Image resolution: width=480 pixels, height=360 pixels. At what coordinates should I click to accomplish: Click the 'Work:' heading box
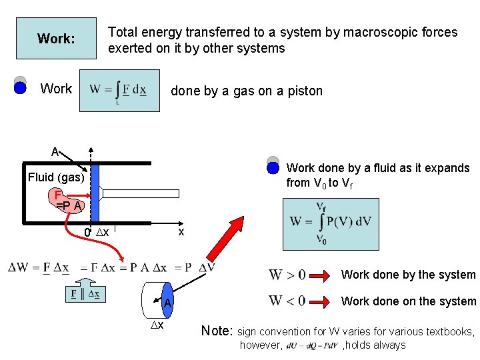[56, 39]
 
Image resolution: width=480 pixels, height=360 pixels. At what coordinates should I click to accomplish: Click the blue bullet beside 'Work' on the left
[20, 89]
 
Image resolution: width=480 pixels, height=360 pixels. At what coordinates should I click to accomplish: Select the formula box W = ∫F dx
[119, 91]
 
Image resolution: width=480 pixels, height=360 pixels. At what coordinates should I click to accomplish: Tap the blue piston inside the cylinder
[95, 193]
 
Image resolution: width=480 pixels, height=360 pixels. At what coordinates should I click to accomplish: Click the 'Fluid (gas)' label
[56, 177]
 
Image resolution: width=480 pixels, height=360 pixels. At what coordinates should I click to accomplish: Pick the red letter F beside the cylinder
[59, 195]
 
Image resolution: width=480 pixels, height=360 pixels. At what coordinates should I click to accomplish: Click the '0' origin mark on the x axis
[87, 233]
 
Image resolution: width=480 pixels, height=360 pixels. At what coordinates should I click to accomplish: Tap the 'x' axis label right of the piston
[181, 232]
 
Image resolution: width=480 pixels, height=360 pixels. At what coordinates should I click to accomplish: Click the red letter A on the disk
[168, 303]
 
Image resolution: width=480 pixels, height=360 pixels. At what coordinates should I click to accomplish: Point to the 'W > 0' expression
[287, 275]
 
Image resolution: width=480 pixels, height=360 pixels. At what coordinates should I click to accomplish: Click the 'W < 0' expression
[287, 301]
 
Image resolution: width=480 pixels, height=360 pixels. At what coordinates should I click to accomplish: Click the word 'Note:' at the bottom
[217, 331]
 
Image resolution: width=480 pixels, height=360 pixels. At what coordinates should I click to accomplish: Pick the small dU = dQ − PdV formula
[312, 345]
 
